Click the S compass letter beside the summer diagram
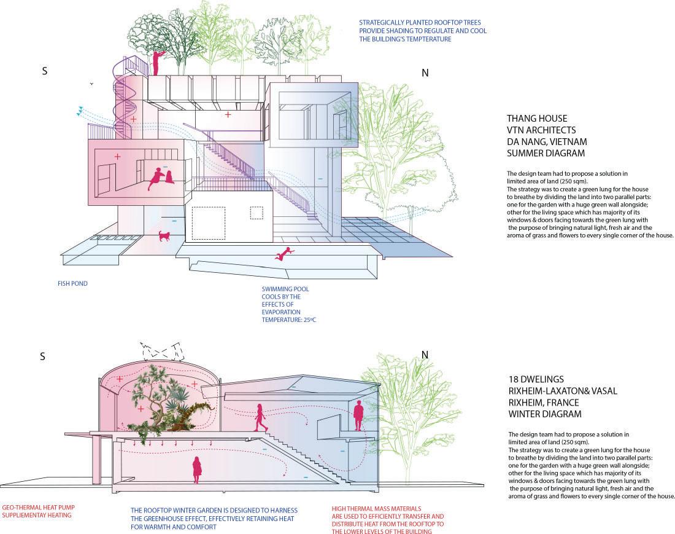pos(44,71)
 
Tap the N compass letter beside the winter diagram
pos(425,355)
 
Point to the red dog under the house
pos(164,236)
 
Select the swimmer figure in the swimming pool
pos(283,253)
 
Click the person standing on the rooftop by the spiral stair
pos(158,62)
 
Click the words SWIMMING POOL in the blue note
pos(285,288)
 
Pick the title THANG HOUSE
pos(537,118)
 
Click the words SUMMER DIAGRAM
pos(546,152)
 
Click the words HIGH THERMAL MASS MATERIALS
pos(376,509)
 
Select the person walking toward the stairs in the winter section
pos(261,418)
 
